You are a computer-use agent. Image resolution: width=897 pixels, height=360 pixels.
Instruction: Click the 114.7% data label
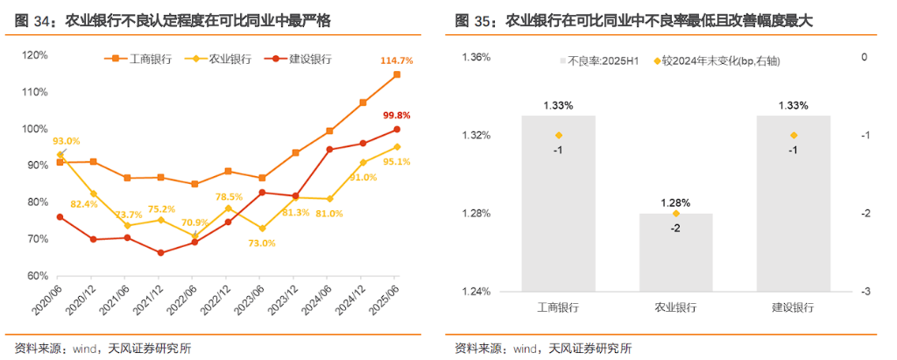397,60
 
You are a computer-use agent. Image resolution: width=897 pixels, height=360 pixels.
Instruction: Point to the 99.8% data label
397,116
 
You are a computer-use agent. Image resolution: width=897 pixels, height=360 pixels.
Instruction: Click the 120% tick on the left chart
34,55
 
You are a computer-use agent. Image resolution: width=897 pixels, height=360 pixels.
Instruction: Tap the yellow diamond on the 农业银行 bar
676,214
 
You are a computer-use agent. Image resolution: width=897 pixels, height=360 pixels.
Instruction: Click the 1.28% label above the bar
675,201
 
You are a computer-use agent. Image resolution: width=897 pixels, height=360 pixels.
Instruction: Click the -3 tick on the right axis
865,292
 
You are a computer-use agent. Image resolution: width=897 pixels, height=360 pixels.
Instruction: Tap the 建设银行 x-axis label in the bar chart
793,308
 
